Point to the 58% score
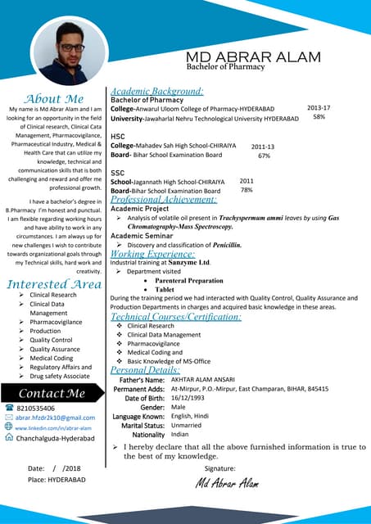(x=319, y=117)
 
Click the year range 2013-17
(x=319, y=108)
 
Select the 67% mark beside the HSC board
(x=264, y=155)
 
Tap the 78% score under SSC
(x=246, y=190)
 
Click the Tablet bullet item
(x=165, y=289)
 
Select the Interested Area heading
(x=54, y=284)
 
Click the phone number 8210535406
(x=36, y=408)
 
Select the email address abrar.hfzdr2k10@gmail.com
(x=55, y=418)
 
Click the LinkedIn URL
(x=53, y=427)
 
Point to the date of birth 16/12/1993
(x=188, y=398)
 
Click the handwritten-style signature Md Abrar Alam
(x=227, y=483)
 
